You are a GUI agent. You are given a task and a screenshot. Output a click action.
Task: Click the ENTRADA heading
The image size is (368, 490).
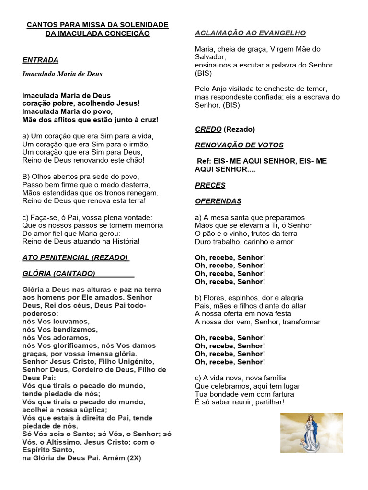point(40,60)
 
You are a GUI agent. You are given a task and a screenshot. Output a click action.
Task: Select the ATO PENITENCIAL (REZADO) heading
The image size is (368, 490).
point(75,257)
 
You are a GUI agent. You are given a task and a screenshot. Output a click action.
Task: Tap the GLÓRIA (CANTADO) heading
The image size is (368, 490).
point(59,273)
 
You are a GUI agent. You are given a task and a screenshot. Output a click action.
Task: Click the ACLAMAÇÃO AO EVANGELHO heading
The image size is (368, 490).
point(250,33)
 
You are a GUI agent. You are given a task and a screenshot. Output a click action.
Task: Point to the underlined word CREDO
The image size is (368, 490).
point(208,129)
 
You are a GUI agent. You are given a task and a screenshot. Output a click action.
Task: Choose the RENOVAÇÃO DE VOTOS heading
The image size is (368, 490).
point(239,145)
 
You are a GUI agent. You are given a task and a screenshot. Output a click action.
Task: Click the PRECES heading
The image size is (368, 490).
point(210,185)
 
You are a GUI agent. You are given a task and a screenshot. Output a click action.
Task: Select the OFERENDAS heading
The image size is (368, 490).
point(218,201)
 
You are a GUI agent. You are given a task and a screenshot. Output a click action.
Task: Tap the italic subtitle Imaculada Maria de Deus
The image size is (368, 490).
point(62,74)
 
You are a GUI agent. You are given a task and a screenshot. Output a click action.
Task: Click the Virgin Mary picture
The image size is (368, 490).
point(311,433)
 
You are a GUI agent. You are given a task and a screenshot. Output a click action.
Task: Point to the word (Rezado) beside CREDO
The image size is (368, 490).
point(239,129)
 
